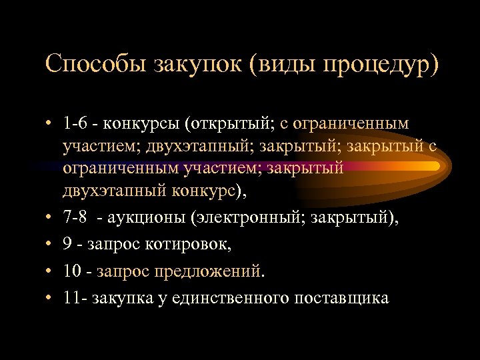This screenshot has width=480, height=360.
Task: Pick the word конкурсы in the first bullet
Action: point(143,124)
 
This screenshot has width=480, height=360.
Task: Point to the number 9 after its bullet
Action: point(68,244)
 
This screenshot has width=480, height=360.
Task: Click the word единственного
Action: point(230,298)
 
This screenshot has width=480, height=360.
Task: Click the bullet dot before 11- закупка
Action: point(49,298)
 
